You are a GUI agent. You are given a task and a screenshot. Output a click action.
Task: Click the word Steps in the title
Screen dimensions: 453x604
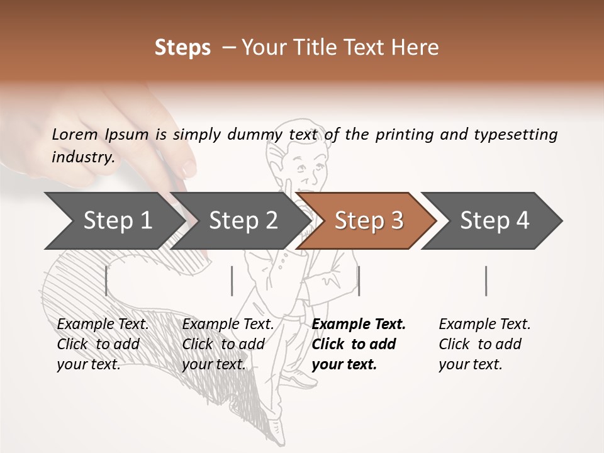pos(182,48)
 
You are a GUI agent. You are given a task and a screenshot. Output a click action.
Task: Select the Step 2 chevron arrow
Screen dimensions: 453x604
pos(243,221)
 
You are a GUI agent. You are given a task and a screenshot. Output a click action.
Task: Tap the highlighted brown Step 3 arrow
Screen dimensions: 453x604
pos(368,221)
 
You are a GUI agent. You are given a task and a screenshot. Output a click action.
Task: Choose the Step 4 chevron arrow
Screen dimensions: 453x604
pos(494,221)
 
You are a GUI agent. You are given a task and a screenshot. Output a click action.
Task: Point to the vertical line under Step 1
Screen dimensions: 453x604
pos(106,281)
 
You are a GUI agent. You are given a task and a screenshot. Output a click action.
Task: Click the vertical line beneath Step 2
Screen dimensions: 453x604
pos(232,281)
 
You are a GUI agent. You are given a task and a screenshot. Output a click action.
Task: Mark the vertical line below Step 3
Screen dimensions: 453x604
pos(359,281)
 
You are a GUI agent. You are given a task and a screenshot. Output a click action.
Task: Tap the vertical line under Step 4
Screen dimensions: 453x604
pos(486,281)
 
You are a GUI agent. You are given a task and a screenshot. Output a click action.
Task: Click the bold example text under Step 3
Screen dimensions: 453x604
pos(359,344)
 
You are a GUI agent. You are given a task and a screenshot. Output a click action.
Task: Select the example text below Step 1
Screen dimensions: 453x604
pos(103,344)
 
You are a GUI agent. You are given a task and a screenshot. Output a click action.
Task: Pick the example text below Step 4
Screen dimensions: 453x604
pos(484,344)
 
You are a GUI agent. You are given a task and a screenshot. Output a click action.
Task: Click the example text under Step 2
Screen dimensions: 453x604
pos(228,344)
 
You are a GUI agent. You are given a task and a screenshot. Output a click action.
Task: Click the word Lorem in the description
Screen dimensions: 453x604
pos(75,134)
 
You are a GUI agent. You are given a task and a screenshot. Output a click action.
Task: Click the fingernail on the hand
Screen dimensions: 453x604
pos(188,169)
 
